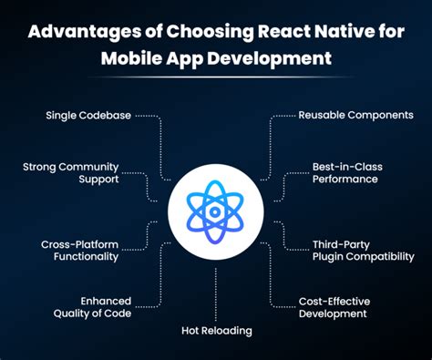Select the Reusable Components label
(356, 116)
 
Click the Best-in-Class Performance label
(345, 173)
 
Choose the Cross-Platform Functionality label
(79, 251)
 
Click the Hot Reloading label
(216, 330)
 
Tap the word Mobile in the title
(130, 60)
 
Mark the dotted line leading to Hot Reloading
(216, 292)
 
